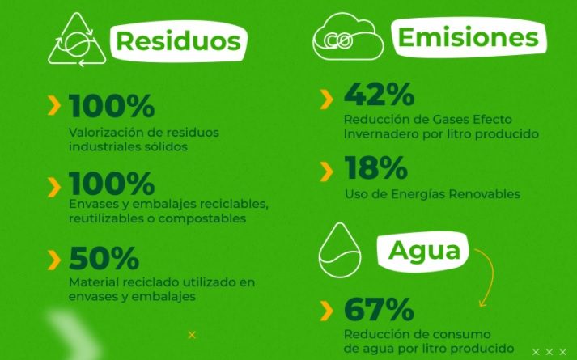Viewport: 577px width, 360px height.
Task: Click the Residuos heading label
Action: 179,40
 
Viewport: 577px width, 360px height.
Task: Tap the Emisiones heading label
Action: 469,37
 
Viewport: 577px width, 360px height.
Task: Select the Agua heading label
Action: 424,251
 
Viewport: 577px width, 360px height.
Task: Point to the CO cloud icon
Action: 348,36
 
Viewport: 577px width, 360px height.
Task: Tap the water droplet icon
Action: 340,250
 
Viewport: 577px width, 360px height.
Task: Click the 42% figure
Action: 379,94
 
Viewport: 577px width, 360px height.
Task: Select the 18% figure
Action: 375,167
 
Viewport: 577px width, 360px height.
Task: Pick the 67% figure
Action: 379,309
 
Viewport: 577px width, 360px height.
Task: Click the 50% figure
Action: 104,258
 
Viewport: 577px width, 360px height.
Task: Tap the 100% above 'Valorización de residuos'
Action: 112,106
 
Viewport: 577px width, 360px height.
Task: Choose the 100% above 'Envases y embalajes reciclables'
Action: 112,183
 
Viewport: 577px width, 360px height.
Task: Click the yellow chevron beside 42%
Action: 326,100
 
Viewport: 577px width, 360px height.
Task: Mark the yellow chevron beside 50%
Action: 54,260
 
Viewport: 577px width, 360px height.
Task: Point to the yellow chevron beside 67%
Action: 326,311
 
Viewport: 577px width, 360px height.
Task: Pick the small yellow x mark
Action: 192,335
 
